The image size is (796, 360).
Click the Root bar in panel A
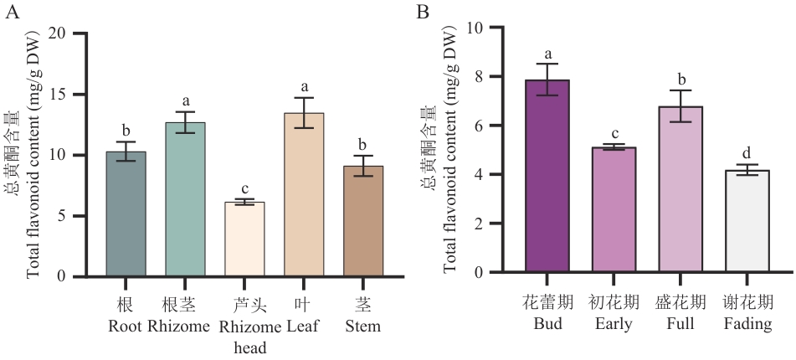coord(126,214)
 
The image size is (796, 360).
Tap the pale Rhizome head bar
coord(244,239)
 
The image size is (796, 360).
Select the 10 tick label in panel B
coord(475,28)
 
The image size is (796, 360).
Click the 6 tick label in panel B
coord(480,126)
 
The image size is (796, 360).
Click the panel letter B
coord(423,11)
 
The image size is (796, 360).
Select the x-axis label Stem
coord(363,327)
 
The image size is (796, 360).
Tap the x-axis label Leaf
coord(304,327)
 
